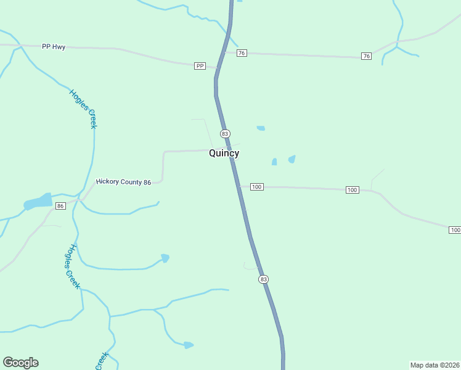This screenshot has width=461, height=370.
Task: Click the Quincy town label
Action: pos(224,153)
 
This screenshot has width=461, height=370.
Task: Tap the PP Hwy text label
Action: pos(54,47)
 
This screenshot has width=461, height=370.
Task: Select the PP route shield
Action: pos(199,66)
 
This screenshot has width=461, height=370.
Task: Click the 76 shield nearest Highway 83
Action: pos(242,53)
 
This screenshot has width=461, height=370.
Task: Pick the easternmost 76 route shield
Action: pos(367,56)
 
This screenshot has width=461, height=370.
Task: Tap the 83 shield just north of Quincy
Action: pos(225,134)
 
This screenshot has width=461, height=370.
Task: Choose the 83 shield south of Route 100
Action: pos(264,279)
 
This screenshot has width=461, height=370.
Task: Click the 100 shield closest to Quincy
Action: pos(257,187)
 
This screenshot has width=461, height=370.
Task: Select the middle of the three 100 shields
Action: pos(352,189)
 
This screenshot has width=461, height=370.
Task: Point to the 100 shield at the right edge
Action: pos(455,230)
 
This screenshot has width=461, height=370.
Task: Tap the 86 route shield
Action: pos(60,205)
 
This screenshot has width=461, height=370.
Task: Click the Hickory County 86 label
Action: pos(123,183)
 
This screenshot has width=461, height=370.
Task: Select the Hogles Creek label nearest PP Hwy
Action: pos(83,109)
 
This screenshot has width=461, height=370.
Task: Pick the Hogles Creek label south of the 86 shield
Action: pos(73,266)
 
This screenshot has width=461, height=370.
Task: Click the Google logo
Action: pos(20,363)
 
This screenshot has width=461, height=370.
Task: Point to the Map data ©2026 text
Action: pos(434,364)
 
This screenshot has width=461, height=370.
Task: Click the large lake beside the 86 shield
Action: pos(39,202)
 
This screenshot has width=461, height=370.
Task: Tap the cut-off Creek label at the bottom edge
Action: pos(102,361)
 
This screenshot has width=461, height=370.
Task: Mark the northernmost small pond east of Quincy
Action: pos(261,128)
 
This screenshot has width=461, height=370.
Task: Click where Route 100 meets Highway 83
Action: pos(239,186)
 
